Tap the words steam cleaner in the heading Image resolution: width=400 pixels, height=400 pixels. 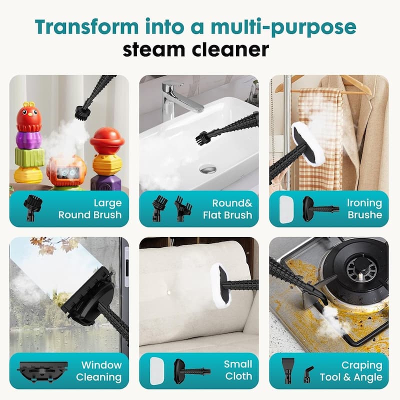tap(200, 50)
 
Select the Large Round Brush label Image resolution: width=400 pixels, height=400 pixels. tap(90, 209)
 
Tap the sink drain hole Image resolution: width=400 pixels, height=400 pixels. tap(207, 169)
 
